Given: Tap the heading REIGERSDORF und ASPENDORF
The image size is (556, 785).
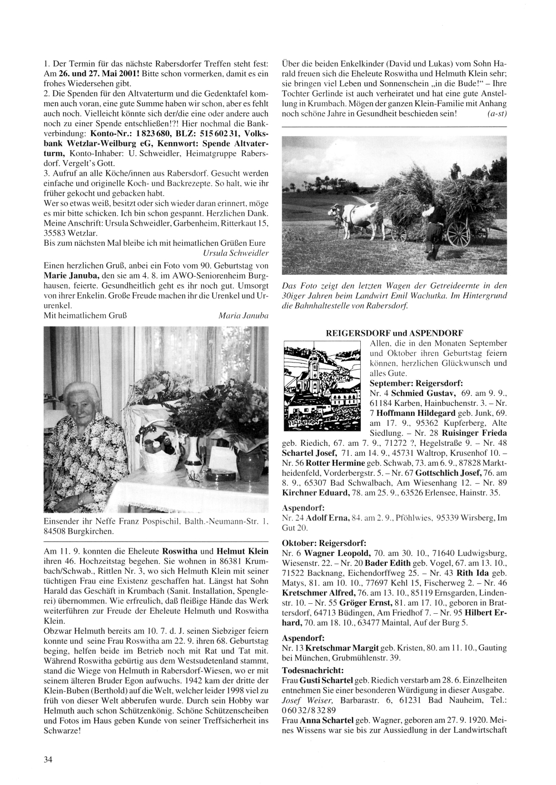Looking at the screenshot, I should [x=394, y=332].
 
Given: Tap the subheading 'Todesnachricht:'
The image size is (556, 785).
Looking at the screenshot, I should [x=312, y=669].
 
